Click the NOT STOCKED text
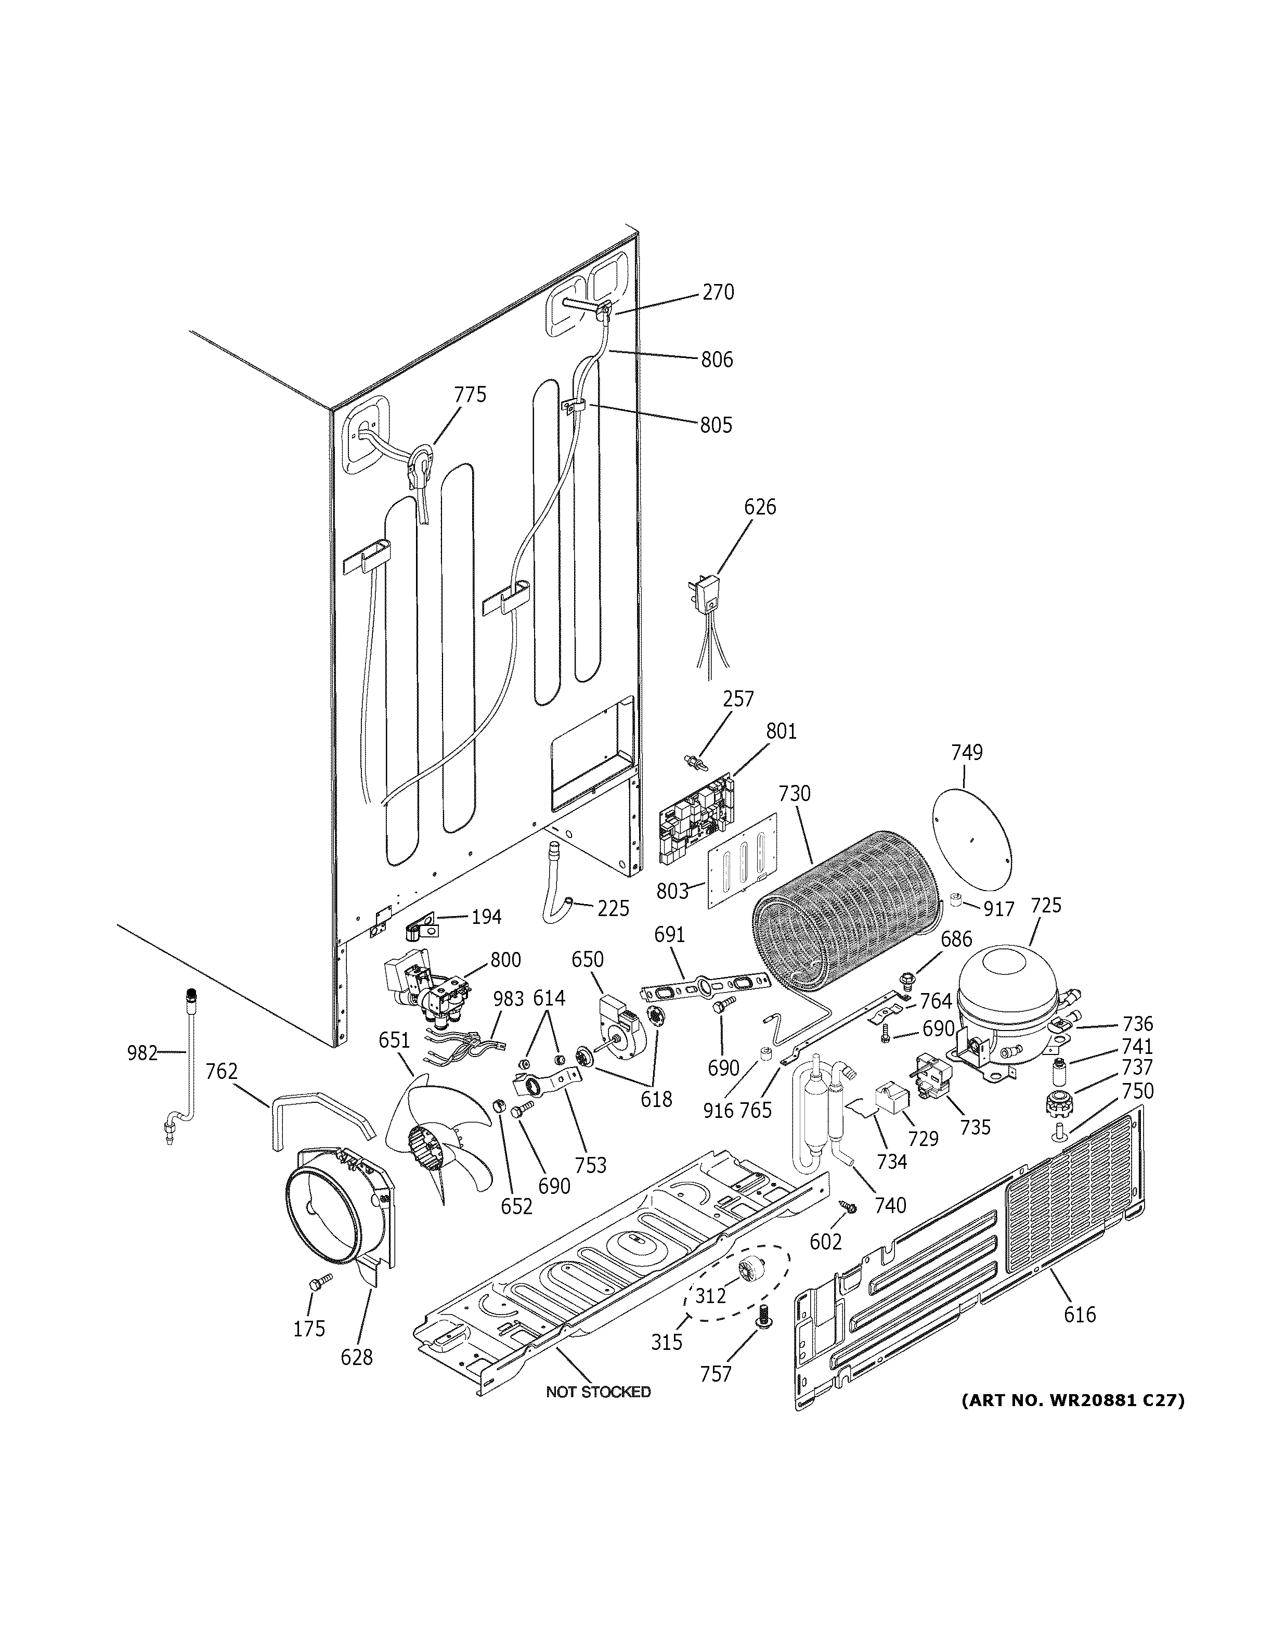coord(598,1392)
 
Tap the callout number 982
coord(142,1053)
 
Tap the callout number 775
coord(470,395)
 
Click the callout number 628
coord(357,1358)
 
